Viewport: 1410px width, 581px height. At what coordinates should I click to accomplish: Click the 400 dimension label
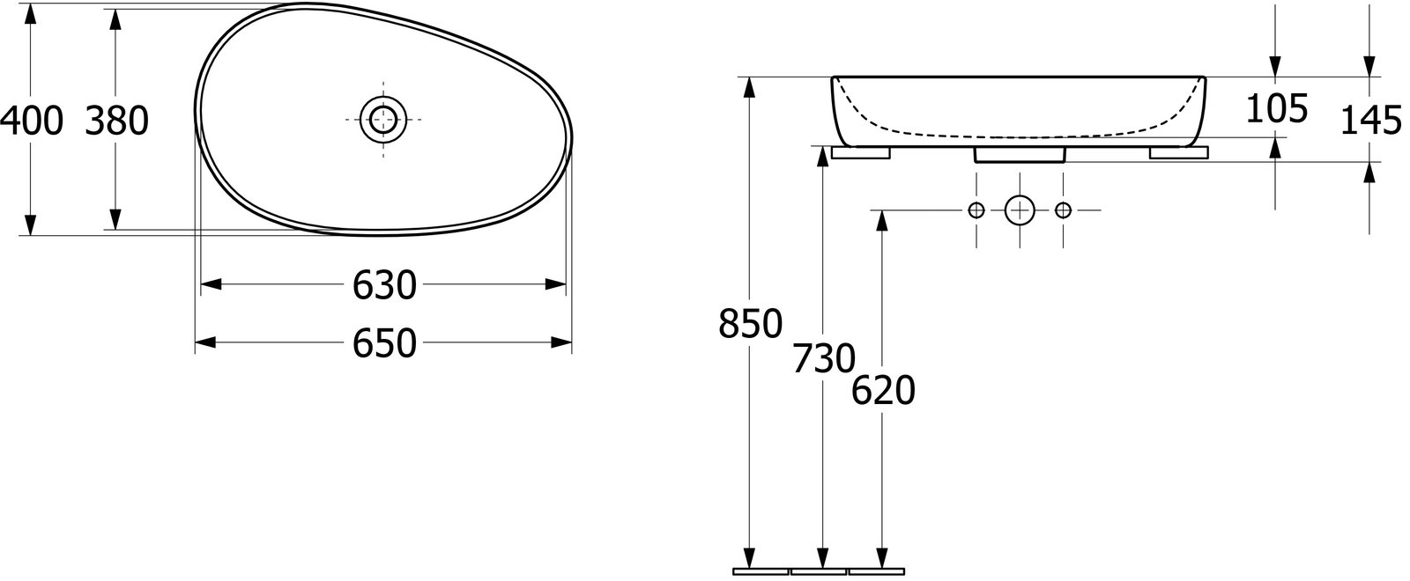tap(32, 121)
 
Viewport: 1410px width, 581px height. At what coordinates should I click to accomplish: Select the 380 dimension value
tap(116, 121)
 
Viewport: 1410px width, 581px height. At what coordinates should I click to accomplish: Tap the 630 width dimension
tap(384, 285)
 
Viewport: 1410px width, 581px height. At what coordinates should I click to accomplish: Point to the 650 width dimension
tap(384, 342)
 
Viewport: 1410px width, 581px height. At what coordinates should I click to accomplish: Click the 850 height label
tap(750, 324)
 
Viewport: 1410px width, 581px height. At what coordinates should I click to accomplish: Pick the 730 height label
tap(823, 358)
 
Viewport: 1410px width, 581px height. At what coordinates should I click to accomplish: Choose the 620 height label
tap(883, 391)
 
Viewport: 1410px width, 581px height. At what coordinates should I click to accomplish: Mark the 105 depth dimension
tap(1277, 108)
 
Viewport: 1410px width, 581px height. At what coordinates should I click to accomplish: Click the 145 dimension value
tap(1371, 120)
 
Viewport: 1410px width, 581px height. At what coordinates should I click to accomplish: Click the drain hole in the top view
tap(383, 120)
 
